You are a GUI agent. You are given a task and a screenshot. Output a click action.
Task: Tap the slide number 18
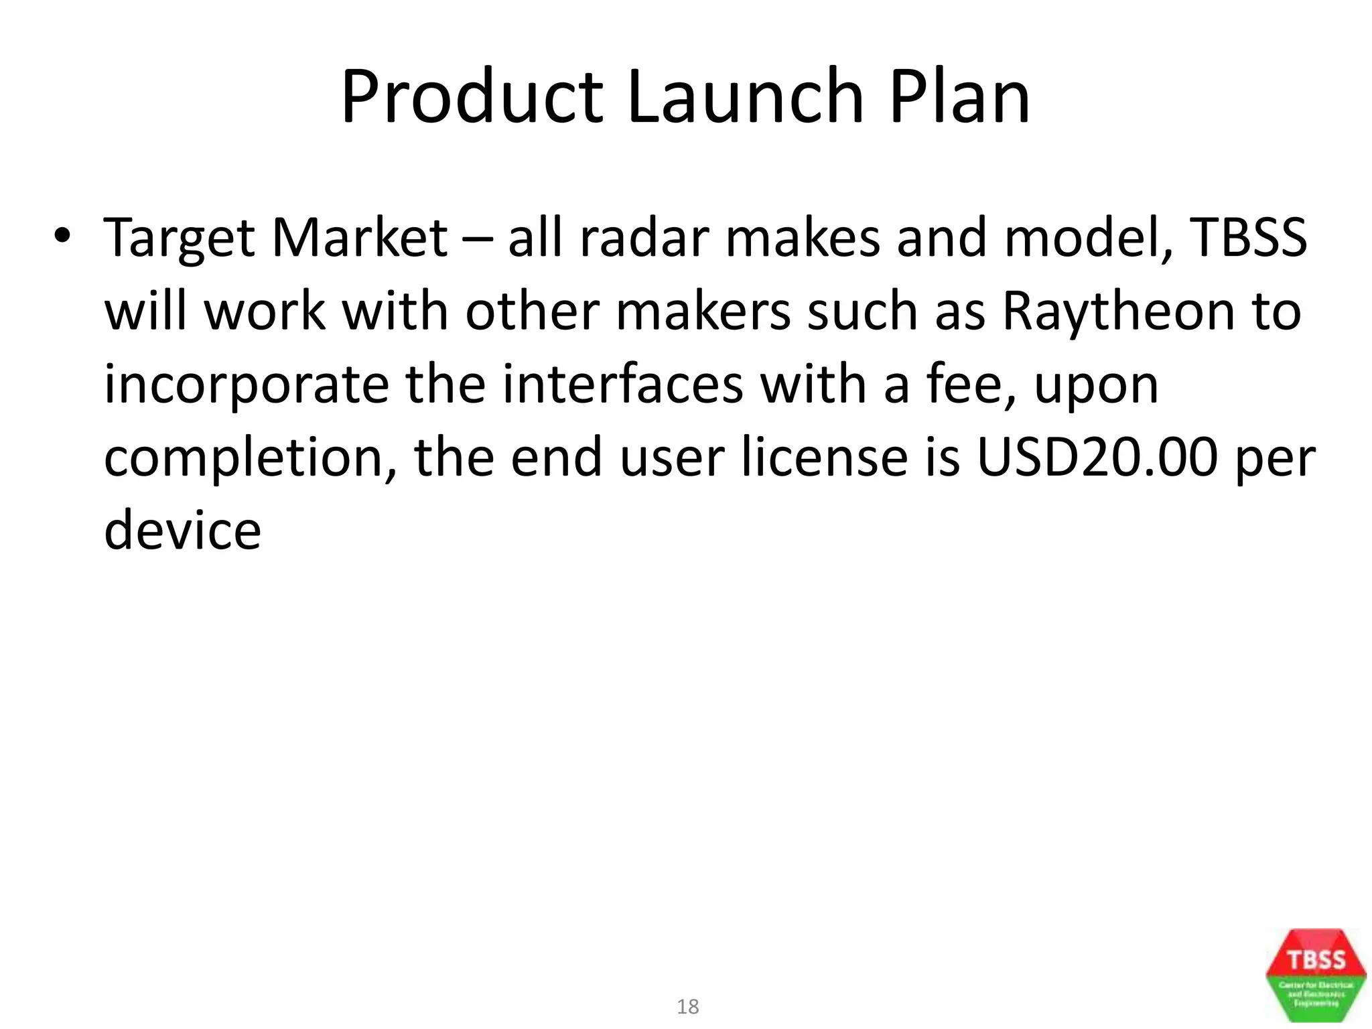[687, 1006]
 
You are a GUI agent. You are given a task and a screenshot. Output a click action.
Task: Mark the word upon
[1096, 387]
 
